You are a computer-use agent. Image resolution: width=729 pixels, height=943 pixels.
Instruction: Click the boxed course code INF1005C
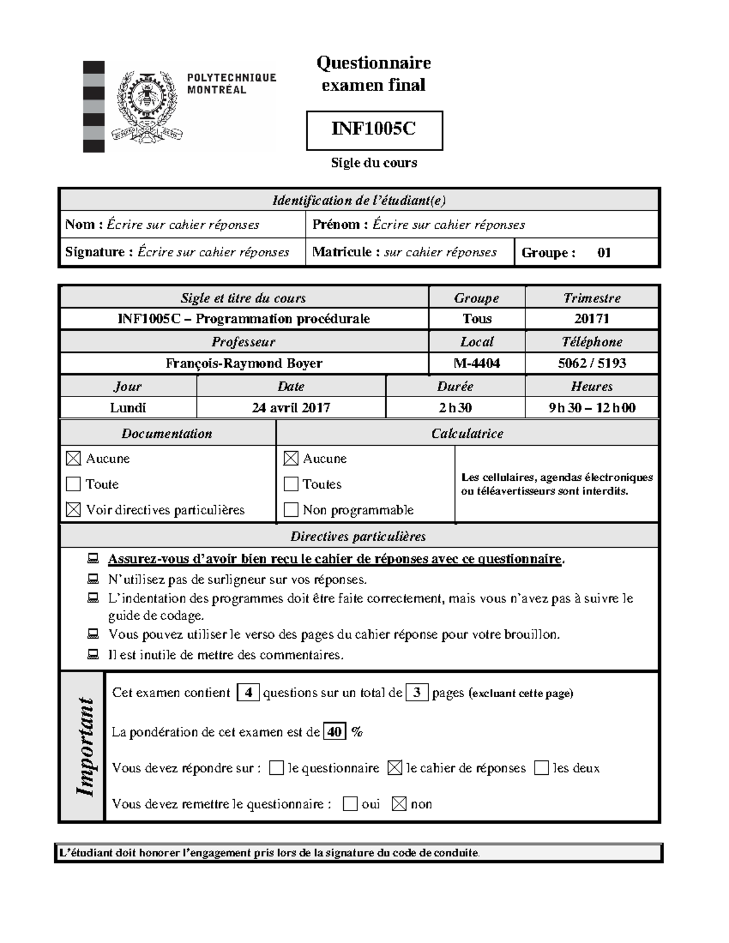click(x=374, y=129)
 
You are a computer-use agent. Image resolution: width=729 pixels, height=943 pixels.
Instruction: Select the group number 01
click(x=604, y=253)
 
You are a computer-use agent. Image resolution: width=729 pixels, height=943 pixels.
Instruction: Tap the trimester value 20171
click(x=591, y=319)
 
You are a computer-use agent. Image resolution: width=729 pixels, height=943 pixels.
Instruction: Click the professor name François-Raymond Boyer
click(x=244, y=363)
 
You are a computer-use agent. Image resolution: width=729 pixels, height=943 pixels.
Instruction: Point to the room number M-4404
click(x=477, y=363)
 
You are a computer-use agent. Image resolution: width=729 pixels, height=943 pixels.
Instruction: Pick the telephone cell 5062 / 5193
click(x=591, y=363)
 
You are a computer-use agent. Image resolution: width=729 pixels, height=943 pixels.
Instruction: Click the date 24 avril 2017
click(x=291, y=407)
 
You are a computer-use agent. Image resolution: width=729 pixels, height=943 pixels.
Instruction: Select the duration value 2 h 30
click(x=455, y=407)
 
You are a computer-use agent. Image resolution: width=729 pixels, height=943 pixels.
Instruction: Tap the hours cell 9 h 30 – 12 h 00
click(x=591, y=407)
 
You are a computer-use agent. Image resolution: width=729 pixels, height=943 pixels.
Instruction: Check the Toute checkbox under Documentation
click(x=74, y=484)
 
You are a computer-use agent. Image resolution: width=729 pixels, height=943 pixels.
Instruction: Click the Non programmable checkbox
click(x=291, y=509)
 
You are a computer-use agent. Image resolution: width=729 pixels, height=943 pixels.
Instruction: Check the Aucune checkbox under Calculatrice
click(x=291, y=458)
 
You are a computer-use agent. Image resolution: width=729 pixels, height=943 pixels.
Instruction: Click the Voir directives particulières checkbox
click(x=74, y=509)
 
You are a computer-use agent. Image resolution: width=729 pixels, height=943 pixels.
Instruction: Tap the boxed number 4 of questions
click(x=248, y=692)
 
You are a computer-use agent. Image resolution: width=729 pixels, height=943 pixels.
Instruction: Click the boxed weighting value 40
click(x=335, y=732)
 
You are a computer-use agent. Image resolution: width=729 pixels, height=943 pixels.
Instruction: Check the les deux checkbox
click(x=541, y=768)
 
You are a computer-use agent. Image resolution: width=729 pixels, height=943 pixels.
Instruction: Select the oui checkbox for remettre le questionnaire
click(x=350, y=804)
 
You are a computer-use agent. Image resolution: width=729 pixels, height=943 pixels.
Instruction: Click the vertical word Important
click(x=84, y=747)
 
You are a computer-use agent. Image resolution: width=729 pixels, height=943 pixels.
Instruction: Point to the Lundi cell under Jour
click(x=128, y=407)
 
